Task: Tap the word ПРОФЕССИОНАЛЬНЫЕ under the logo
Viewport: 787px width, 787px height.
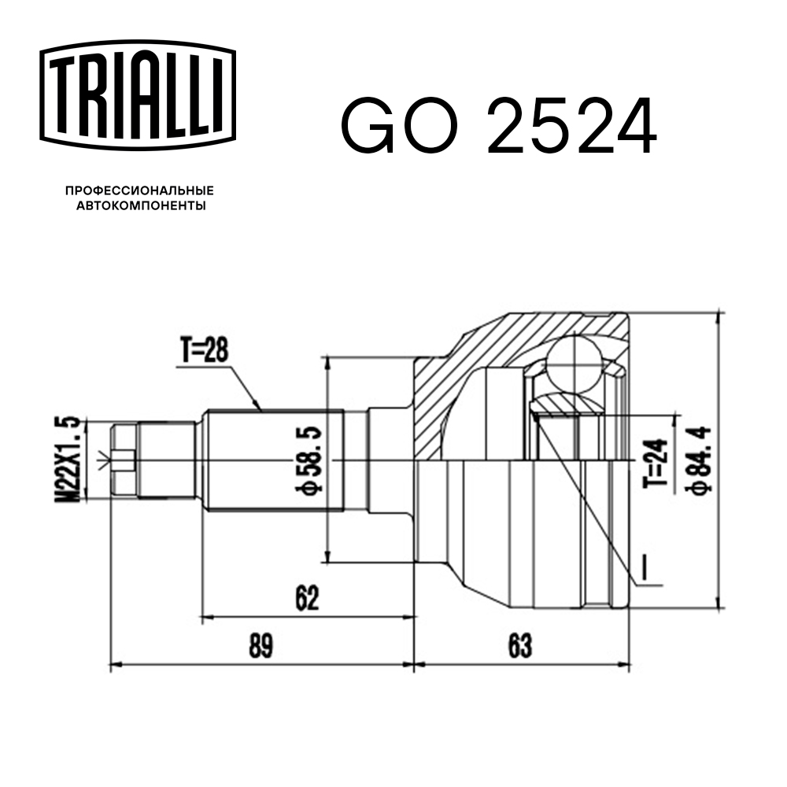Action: (x=139, y=191)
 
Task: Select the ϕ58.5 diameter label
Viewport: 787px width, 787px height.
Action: (x=309, y=460)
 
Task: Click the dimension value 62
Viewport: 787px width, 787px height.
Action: (x=307, y=600)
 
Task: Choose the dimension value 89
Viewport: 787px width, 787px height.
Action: (x=260, y=647)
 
